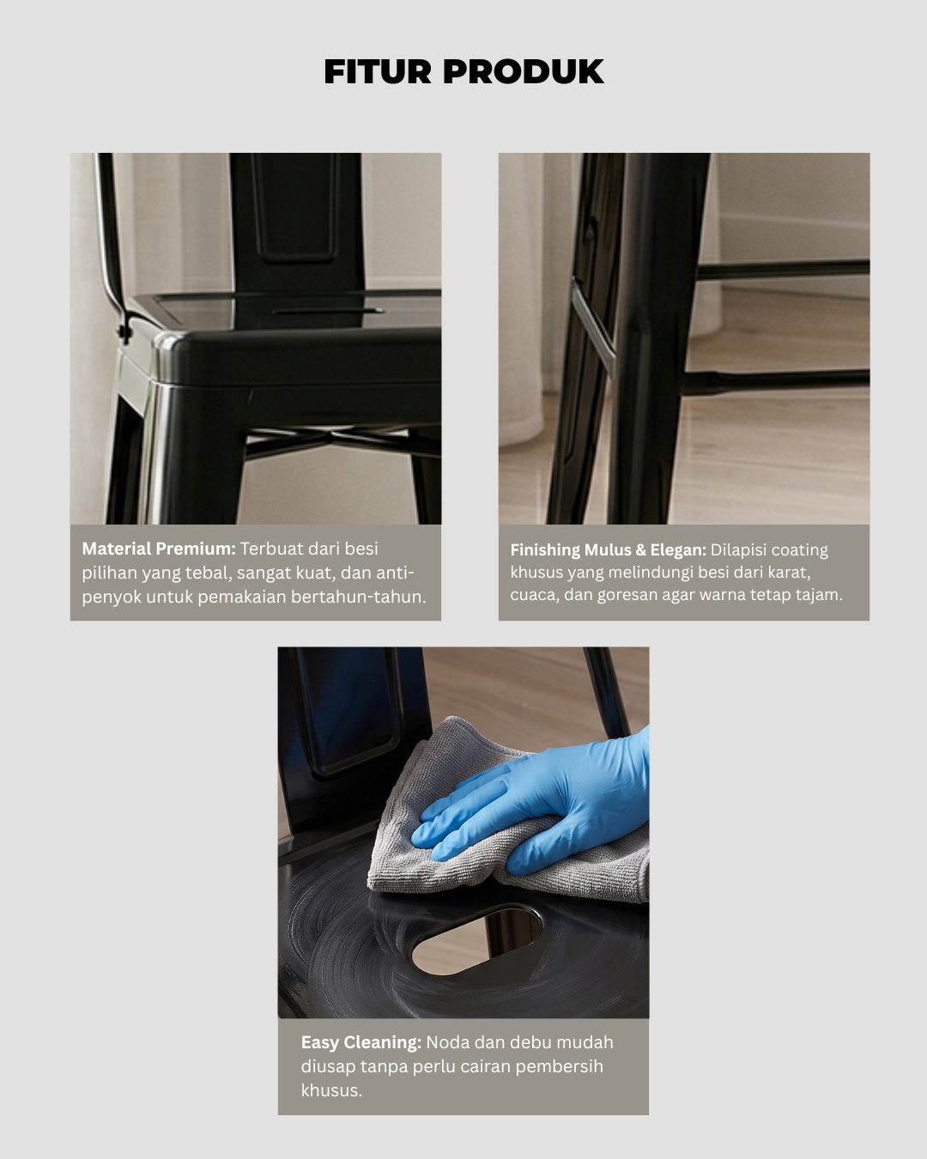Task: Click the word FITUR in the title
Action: (x=378, y=71)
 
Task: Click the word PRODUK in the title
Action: (x=523, y=71)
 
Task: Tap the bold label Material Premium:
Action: (x=159, y=549)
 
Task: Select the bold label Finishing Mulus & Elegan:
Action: (x=608, y=549)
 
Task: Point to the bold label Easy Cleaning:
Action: (x=360, y=1042)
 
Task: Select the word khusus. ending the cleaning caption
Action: (x=331, y=1090)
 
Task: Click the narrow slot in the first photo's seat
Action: (x=328, y=311)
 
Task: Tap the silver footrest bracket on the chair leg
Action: (x=594, y=321)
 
